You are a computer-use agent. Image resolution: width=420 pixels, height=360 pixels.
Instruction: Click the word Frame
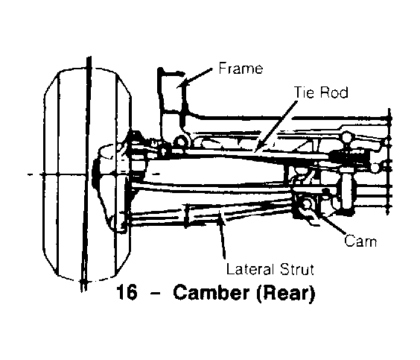(x=241, y=69)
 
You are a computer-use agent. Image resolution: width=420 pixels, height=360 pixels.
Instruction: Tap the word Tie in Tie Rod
(x=304, y=92)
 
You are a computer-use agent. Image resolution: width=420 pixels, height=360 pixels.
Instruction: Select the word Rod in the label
(x=334, y=92)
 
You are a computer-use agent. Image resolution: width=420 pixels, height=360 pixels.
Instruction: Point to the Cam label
(x=360, y=241)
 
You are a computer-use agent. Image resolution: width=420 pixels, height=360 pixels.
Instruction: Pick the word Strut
(x=296, y=269)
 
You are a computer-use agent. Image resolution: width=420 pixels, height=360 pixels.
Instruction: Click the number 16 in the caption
(x=127, y=292)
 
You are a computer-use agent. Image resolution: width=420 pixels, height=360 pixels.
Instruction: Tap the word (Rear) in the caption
(x=285, y=293)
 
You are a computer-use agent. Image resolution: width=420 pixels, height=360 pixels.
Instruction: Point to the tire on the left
(x=87, y=174)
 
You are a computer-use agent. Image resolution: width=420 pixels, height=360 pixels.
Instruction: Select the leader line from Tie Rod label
(x=276, y=126)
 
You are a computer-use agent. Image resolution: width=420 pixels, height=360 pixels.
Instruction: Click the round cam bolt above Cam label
(x=306, y=204)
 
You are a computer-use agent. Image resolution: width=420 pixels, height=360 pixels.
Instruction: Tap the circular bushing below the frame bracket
(x=182, y=142)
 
